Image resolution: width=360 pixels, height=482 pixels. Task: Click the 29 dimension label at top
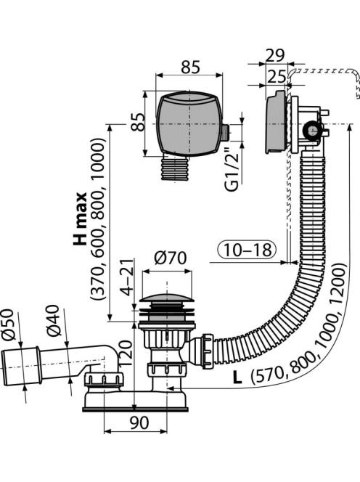[275, 55]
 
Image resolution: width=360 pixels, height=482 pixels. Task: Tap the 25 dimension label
[276, 76]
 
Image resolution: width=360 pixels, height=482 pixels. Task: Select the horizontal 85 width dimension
[191, 67]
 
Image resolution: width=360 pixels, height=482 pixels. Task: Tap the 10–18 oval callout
[247, 250]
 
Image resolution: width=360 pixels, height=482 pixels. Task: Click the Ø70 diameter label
[171, 258]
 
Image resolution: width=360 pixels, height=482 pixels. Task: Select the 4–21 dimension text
[127, 277]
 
